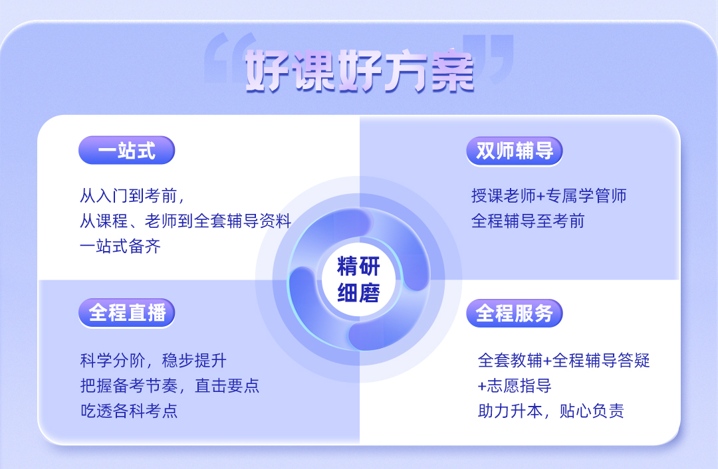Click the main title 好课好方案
(x=360, y=71)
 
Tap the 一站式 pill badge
(x=127, y=150)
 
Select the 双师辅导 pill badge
(x=514, y=151)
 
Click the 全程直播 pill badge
(x=127, y=313)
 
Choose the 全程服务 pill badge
(x=514, y=314)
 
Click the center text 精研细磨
(x=358, y=280)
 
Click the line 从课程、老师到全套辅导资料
(x=185, y=221)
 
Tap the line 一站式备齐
(x=120, y=246)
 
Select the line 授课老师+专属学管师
(x=549, y=196)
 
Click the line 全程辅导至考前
(x=528, y=221)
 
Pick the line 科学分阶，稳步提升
(x=154, y=361)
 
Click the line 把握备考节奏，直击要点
(x=170, y=386)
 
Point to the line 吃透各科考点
(x=129, y=411)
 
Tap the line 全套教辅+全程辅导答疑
(x=564, y=361)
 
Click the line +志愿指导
(x=514, y=386)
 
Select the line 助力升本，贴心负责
(x=551, y=411)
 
